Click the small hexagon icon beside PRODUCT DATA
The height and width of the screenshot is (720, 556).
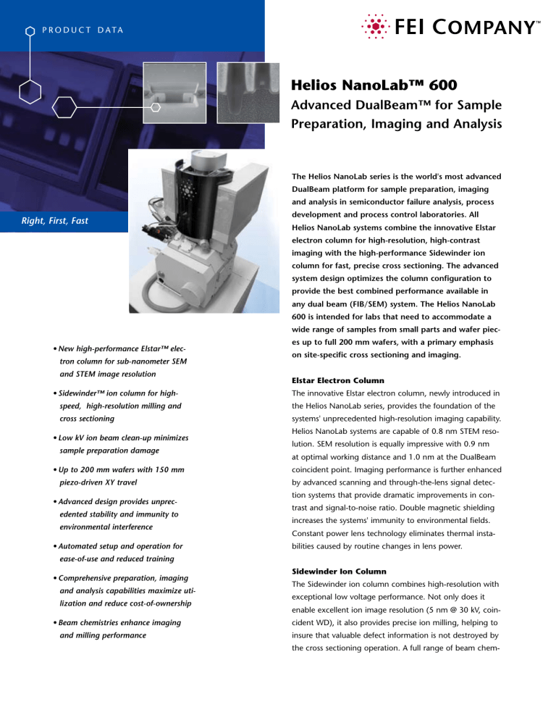pos(30,31)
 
